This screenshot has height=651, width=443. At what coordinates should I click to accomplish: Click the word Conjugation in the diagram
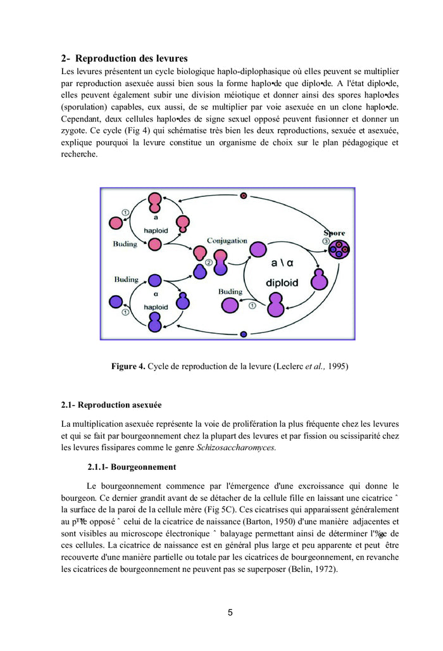(227, 241)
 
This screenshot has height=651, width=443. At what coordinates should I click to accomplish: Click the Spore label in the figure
(335, 233)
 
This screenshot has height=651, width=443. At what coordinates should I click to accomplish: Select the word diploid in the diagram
(282, 283)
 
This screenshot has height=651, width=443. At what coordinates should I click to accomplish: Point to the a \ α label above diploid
(283, 263)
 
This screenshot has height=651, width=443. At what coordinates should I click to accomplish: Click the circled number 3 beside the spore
(327, 241)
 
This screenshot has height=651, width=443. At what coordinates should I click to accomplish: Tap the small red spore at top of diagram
(243, 196)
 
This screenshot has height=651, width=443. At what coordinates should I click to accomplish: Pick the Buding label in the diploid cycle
(230, 292)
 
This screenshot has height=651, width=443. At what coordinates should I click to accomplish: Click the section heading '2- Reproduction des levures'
(124, 58)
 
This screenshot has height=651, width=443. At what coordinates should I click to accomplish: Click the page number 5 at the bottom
(230, 612)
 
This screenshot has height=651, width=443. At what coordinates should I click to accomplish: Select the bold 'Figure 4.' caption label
(128, 367)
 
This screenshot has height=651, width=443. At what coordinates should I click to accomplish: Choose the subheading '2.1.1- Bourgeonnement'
(132, 467)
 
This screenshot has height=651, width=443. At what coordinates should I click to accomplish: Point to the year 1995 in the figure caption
(338, 367)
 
